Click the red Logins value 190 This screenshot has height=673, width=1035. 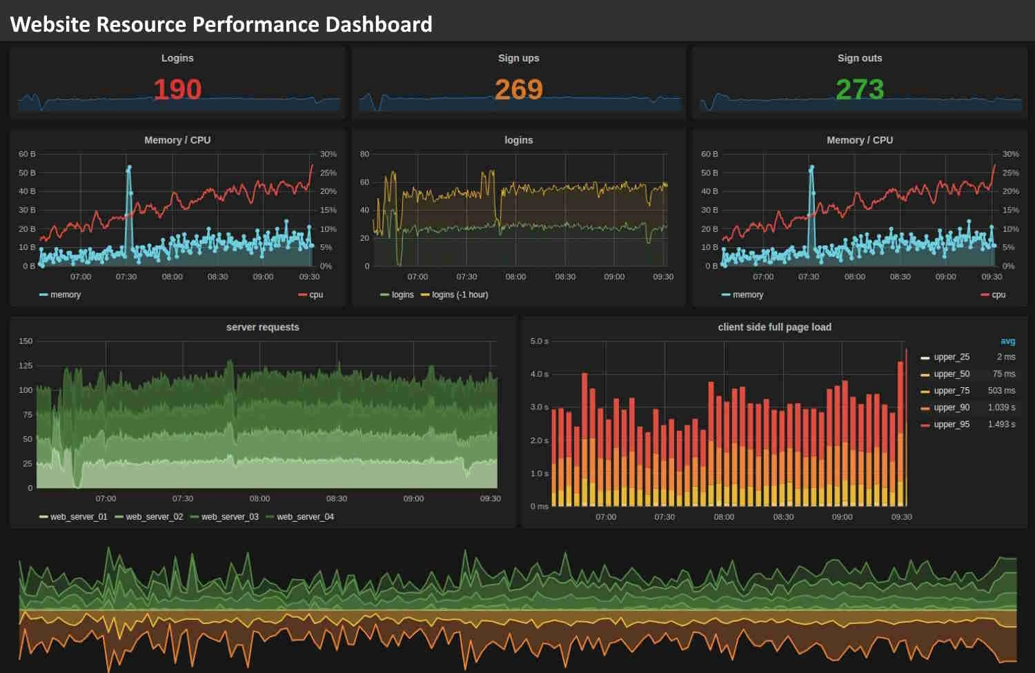point(177,90)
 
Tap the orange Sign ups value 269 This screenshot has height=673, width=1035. point(519,90)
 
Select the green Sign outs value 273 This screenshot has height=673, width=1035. point(860,90)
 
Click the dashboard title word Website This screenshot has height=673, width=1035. point(50,24)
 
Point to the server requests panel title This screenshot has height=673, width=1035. point(262,327)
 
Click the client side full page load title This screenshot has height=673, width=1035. point(774,327)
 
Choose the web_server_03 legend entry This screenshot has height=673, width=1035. point(229,517)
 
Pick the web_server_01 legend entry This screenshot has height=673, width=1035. point(78,517)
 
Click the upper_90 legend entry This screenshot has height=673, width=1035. point(951,408)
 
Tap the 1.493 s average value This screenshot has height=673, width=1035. point(1001,425)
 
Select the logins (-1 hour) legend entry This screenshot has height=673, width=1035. point(460,295)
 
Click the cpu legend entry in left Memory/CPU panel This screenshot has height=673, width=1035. point(315,295)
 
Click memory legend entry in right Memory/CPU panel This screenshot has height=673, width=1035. point(747,295)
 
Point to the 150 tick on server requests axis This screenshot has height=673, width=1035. point(26,341)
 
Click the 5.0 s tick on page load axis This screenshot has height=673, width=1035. point(539,341)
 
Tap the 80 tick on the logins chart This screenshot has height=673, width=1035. point(364,154)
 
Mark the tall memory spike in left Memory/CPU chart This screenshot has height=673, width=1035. point(128,168)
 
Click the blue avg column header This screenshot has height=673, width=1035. point(1007,341)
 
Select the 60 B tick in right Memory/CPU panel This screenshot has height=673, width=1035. point(709,154)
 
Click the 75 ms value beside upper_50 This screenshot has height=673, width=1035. point(1003,374)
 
